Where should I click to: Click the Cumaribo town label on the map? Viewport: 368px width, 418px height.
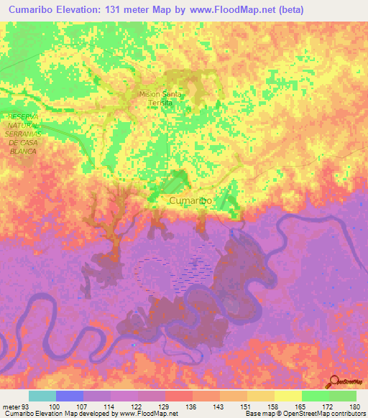190,201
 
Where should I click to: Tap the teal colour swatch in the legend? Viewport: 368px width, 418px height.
42,396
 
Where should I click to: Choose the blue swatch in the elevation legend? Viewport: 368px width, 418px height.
70,396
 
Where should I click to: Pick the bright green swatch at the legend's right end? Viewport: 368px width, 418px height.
343,396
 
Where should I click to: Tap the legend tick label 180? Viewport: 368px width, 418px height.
355,407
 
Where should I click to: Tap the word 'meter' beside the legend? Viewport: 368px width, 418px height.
11,407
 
